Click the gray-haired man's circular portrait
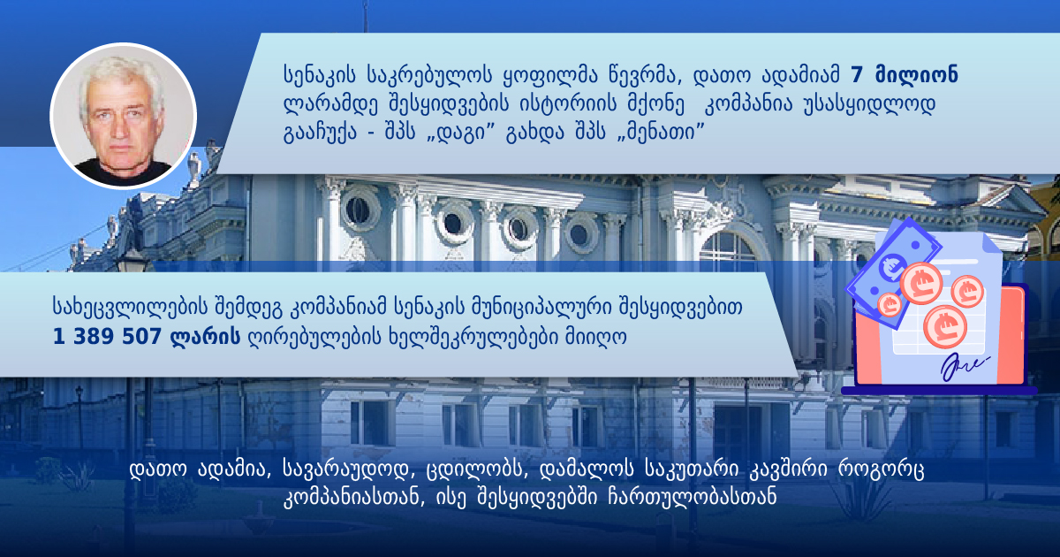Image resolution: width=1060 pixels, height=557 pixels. coord(124,116)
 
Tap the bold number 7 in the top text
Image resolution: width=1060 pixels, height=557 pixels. coord(857,75)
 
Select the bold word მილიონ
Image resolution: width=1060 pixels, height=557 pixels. coord(917,75)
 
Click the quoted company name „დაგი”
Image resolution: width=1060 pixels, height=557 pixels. coord(459,134)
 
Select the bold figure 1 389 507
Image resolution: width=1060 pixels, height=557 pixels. coord(108,337)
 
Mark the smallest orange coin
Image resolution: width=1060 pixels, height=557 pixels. coord(890,304)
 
